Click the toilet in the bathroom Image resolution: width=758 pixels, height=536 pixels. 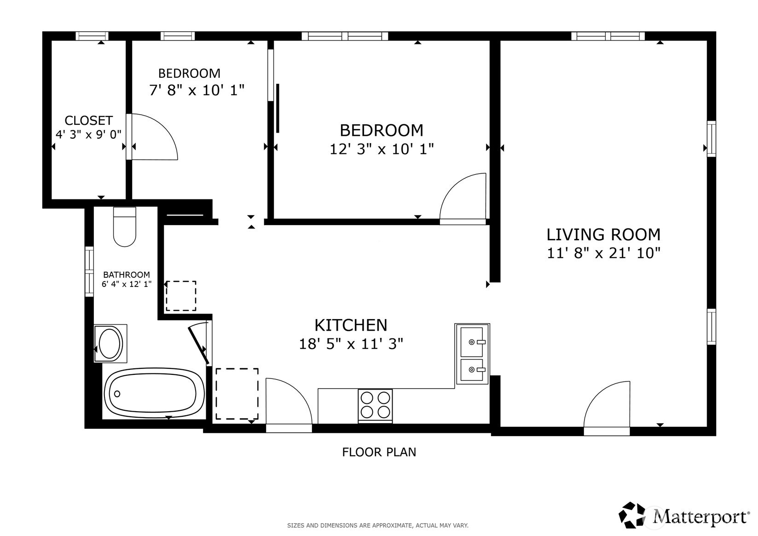(x=125, y=228)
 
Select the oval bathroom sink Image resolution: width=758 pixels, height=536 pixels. (x=110, y=344)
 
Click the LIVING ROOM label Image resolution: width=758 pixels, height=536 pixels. (x=603, y=235)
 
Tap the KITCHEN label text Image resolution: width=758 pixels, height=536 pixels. (x=351, y=326)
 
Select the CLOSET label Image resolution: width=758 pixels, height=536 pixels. (x=88, y=121)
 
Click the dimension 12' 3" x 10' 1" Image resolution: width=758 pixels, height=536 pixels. (x=382, y=149)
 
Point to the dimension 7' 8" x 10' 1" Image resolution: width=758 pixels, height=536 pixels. (x=197, y=90)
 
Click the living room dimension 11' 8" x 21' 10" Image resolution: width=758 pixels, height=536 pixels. (x=603, y=253)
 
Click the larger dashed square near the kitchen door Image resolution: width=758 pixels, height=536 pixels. (x=237, y=394)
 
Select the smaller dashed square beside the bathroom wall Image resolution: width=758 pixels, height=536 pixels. (x=181, y=296)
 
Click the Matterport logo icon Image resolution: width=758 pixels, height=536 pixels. (x=633, y=515)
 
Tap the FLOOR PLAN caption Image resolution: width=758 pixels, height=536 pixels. (x=379, y=452)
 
